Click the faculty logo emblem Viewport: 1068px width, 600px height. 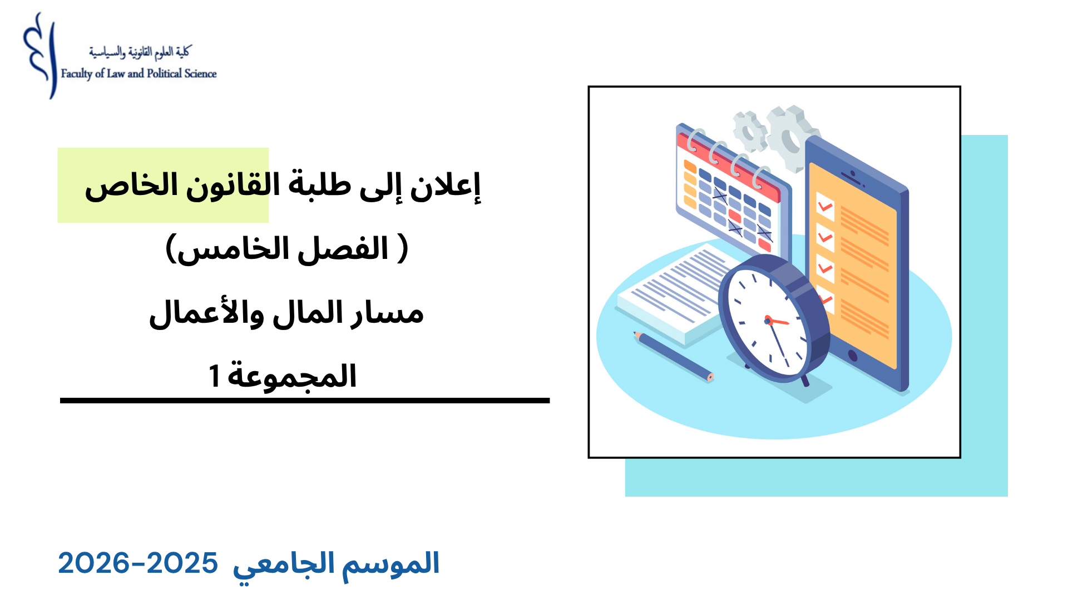41,56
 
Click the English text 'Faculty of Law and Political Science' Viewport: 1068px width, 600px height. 139,74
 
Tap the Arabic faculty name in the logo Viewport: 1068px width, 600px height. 140,52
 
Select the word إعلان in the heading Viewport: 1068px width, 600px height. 445,186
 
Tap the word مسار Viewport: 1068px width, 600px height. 387,313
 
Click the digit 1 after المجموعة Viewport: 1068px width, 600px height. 214,376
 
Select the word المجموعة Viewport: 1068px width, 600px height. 292,377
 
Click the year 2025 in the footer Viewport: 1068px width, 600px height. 182,563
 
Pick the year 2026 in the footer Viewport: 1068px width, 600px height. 93,563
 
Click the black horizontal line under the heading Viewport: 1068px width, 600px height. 305,400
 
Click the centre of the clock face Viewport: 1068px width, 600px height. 768,321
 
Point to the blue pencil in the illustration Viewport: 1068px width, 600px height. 674,356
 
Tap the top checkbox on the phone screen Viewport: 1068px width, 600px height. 825,206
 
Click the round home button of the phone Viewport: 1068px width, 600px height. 852,356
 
